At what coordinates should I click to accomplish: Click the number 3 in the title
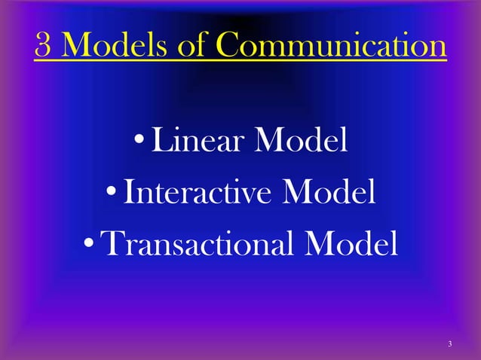(43, 47)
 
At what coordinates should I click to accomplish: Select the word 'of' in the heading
(191, 47)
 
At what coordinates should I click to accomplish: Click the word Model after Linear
(302, 141)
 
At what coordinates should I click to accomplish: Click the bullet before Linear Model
(141, 143)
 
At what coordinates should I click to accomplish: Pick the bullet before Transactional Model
(88, 246)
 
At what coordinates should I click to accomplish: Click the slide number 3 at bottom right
(449, 344)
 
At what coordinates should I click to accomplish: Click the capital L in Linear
(161, 141)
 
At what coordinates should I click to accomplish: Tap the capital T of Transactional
(111, 243)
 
